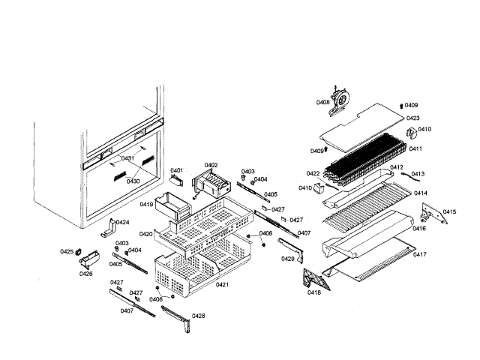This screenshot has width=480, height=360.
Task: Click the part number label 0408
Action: point(322,102)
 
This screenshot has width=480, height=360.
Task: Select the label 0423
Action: point(412,118)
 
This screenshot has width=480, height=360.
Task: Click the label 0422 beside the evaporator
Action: point(313,173)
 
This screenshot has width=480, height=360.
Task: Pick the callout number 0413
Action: point(418,174)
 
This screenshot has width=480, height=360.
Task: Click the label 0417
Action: point(419,254)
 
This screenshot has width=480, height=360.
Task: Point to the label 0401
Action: point(176,171)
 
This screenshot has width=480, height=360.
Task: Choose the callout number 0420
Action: point(145,234)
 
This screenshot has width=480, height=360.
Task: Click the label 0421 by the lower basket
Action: point(223,284)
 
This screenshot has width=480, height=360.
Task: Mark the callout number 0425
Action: point(67,252)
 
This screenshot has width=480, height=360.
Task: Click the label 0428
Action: point(199,316)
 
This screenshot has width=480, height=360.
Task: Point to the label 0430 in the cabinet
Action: point(133,181)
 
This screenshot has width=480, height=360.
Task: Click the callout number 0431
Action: point(127,158)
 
